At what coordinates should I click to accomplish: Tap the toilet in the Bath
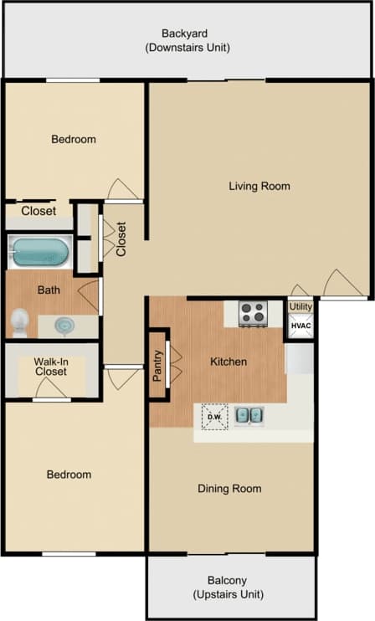click(19, 321)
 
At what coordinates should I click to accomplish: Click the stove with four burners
click(253, 314)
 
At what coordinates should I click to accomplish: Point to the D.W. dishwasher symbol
click(214, 416)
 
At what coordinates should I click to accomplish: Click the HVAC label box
click(301, 326)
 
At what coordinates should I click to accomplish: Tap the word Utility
click(301, 306)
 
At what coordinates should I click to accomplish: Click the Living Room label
click(259, 186)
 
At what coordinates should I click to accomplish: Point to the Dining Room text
click(229, 488)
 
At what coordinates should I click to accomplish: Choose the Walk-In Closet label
click(50, 367)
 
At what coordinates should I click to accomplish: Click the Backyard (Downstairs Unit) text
click(187, 41)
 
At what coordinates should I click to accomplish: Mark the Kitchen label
click(228, 362)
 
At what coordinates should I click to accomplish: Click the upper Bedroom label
click(74, 139)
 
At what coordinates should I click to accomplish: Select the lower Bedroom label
click(69, 475)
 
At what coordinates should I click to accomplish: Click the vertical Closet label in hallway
click(121, 239)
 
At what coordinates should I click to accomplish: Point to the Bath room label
click(49, 290)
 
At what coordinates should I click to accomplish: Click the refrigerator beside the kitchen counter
click(300, 358)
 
